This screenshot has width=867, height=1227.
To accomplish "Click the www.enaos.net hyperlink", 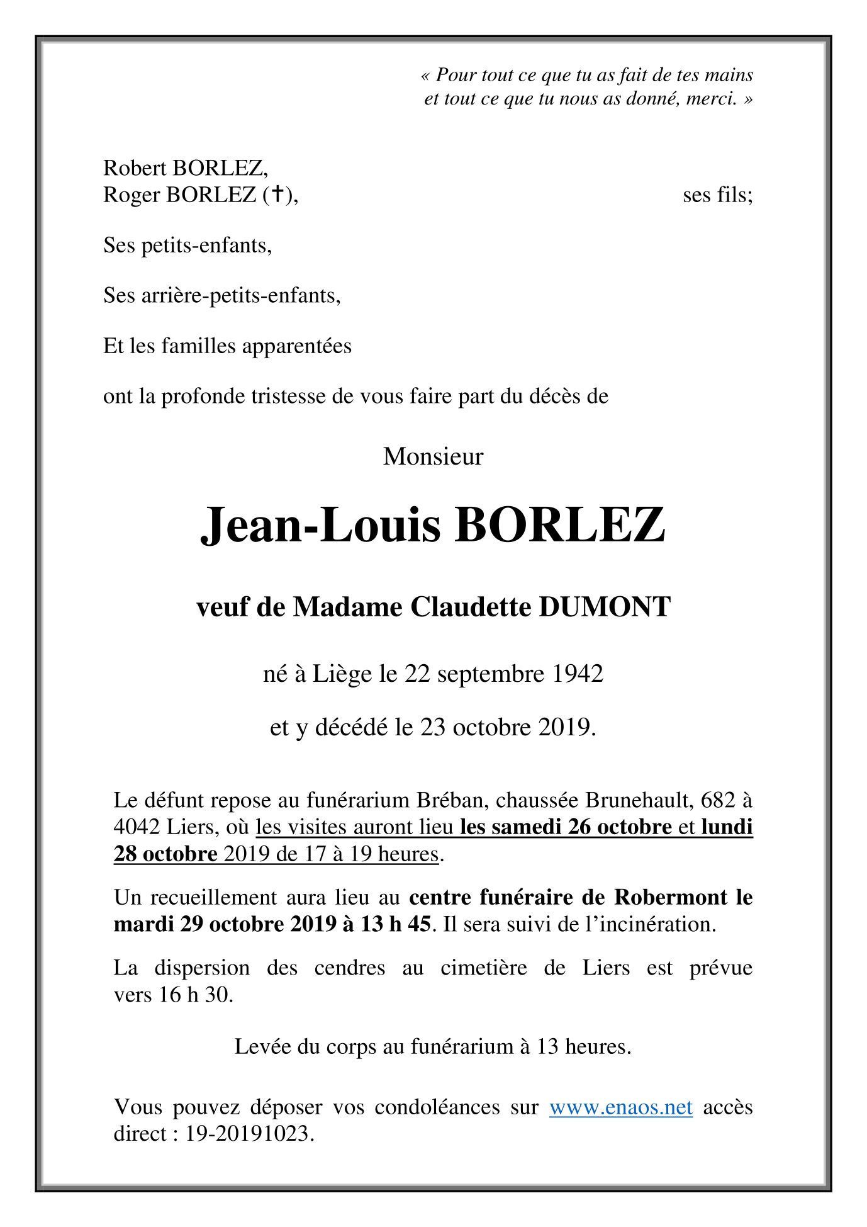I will [620, 1107].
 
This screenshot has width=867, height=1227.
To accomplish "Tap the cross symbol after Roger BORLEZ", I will [276, 195].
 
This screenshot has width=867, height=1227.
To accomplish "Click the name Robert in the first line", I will [135, 168].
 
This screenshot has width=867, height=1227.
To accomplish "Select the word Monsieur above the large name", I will [433, 456].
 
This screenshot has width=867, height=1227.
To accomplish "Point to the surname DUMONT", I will [605, 607].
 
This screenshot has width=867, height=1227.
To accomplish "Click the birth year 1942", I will [578, 674].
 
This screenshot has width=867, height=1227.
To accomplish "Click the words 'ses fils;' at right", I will [717, 195].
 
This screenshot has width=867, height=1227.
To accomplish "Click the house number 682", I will [718, 800].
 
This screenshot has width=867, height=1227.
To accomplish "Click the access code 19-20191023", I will [249, 1134].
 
